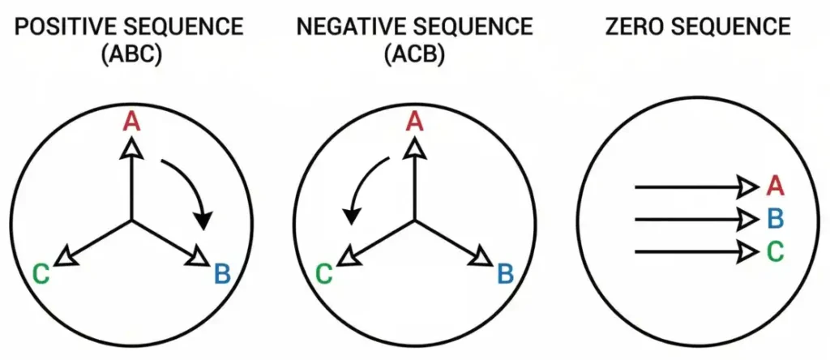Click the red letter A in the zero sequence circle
(775, 186)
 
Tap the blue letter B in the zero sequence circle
(775, 219)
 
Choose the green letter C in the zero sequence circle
(775, 251)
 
